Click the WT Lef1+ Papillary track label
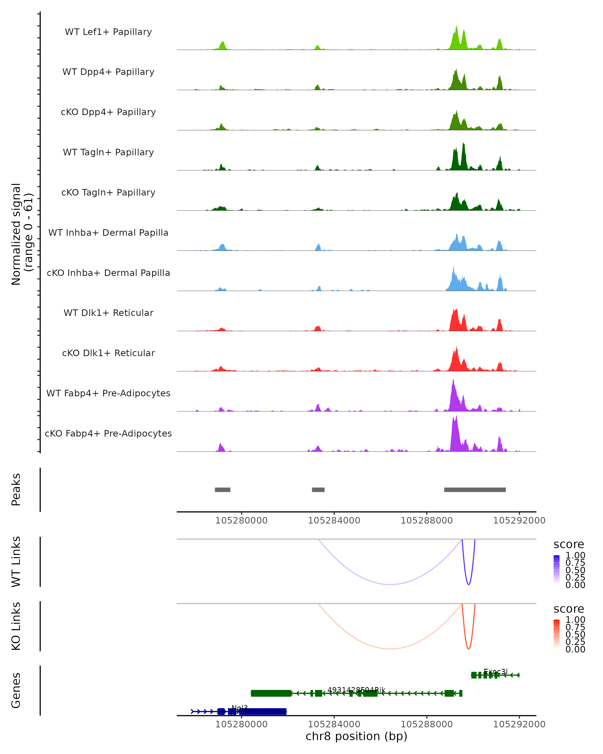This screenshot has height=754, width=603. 108,32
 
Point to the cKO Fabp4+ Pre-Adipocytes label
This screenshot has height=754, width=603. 108,433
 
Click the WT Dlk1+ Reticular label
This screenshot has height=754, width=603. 108,313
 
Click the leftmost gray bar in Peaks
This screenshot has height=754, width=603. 222,490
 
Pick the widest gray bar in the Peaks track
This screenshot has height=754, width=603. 475,490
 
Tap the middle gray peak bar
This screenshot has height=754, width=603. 318,490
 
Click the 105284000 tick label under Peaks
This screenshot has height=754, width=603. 334,521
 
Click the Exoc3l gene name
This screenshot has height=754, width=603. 495,672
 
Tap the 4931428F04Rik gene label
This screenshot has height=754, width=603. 356,690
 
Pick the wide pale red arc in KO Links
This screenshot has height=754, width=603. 390,649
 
